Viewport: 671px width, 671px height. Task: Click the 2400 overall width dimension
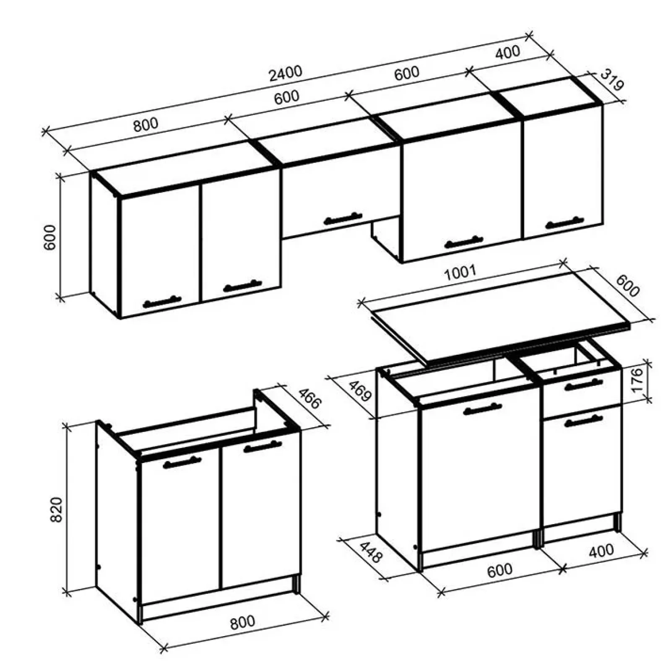285,73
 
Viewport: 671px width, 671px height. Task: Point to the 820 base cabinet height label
56,509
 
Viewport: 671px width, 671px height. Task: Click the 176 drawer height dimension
637,380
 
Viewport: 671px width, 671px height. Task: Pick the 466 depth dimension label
310,398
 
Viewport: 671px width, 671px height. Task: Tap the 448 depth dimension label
371,552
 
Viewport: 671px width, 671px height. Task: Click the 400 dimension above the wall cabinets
507,52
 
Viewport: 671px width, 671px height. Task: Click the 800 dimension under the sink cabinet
242,622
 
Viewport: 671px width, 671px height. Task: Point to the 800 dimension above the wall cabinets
146,124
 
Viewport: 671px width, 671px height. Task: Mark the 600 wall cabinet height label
50,237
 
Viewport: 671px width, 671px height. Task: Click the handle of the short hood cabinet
343,218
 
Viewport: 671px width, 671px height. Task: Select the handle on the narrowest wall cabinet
564,222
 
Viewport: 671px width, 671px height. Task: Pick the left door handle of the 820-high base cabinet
182,462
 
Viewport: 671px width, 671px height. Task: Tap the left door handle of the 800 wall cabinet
162,302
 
